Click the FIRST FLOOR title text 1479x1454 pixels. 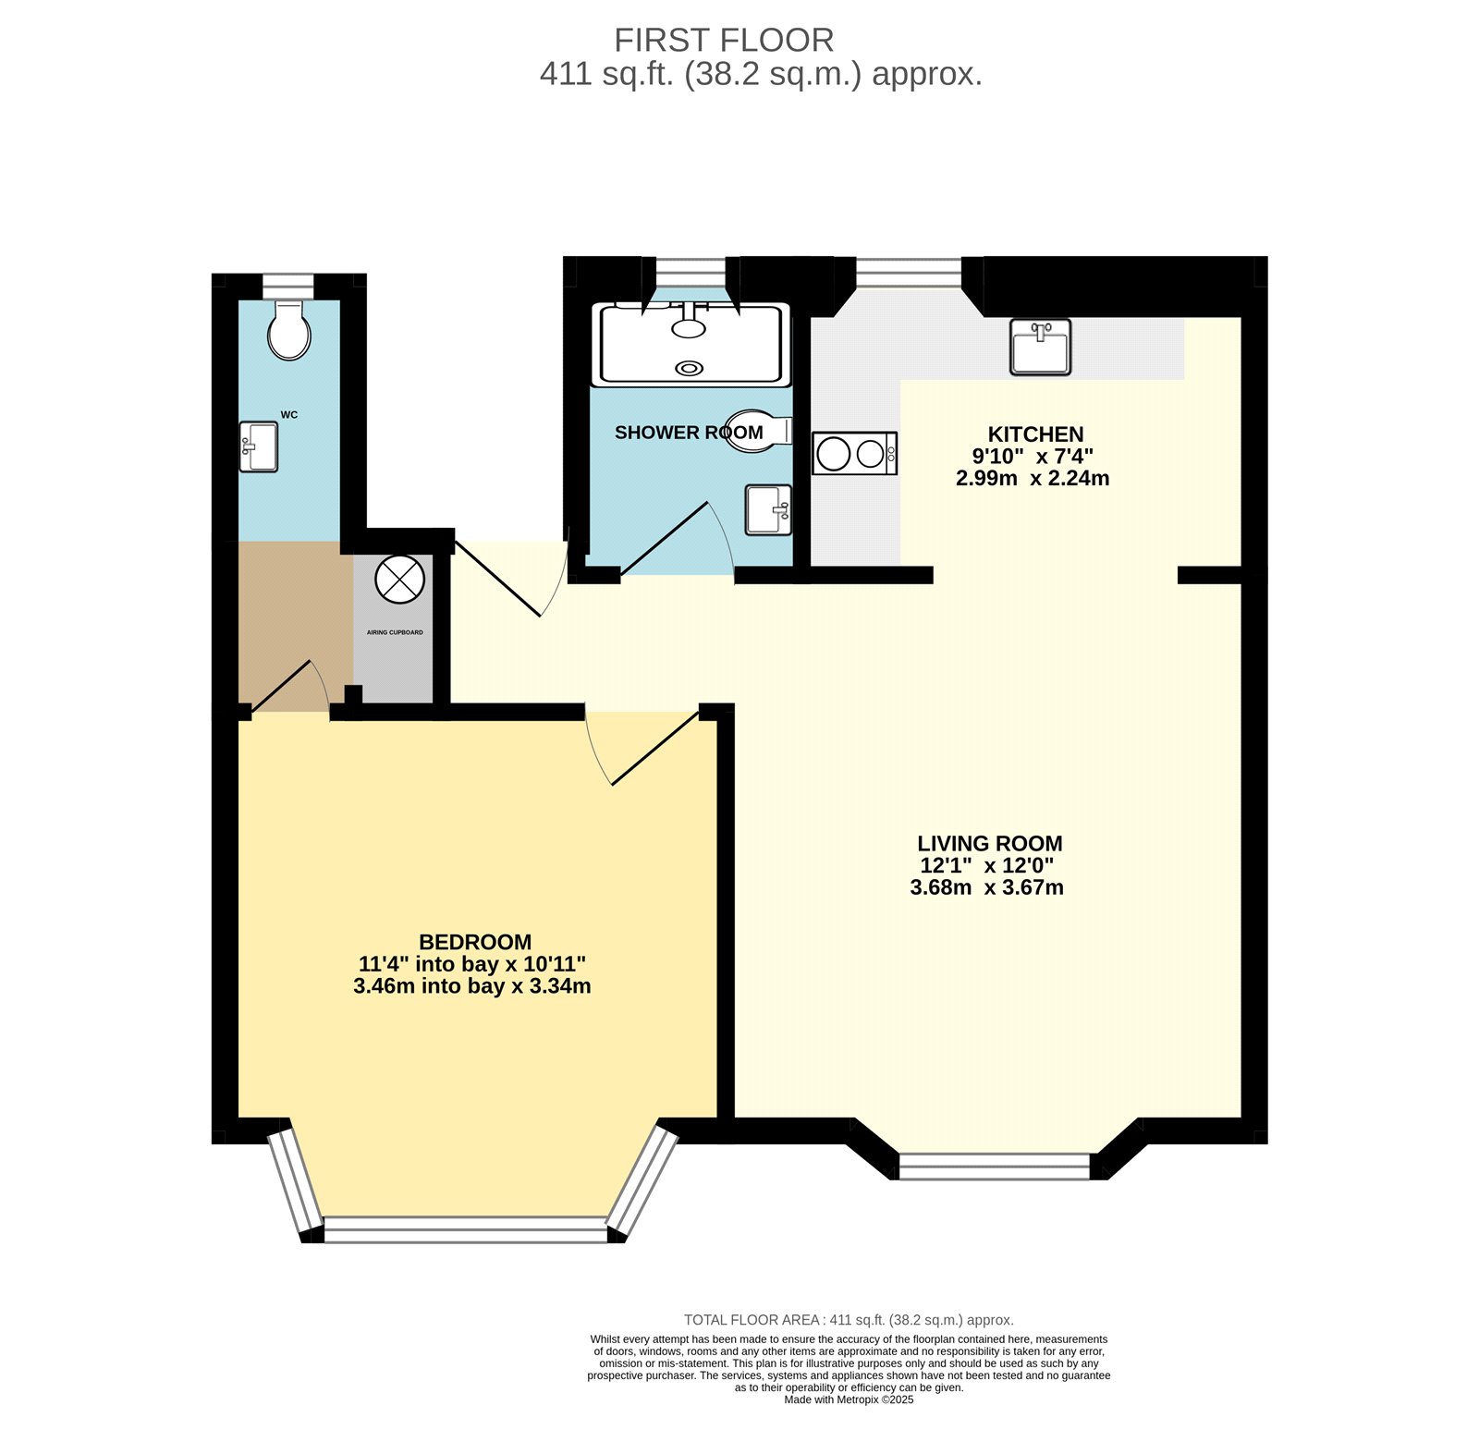point(724,41)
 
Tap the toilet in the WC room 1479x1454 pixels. point(289,330)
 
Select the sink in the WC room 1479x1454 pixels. point(259,446)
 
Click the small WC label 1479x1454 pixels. point(289,415)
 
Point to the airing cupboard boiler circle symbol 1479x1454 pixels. point(399,580)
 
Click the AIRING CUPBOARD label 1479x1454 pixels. point(395,632)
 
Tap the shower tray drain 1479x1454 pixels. point(689,368)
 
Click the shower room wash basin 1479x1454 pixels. point(769,509)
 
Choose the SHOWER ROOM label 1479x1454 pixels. point(689,433)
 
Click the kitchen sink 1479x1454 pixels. point(1040,347)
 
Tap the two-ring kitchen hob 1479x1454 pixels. point(855,454)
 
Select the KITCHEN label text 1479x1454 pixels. point(1035,434)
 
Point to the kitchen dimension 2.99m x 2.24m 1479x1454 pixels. point(1033,478)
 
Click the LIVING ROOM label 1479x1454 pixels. point(990,843)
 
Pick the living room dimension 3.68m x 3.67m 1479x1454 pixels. point(987,887)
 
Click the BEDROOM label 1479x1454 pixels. point(475,942)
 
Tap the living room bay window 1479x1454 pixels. point(995,1166)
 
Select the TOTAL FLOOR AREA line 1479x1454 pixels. point(849,1320)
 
